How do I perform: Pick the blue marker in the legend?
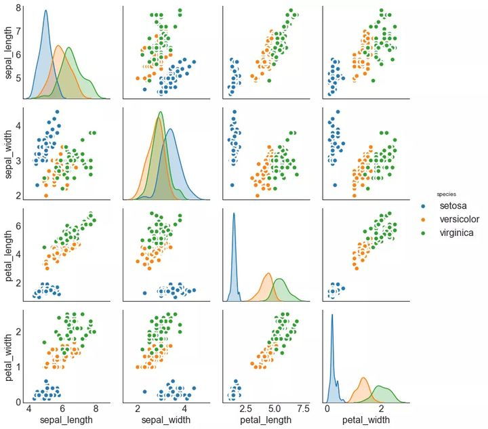point(424,206)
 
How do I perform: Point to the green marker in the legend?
point(424,233)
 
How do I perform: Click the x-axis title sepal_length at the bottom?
point(63,421)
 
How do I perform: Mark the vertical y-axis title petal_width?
point(9,355)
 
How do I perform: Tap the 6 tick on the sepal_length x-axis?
point(62,409)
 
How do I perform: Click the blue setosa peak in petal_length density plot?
point(234,214)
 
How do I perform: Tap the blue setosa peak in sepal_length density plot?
point(45,11)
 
